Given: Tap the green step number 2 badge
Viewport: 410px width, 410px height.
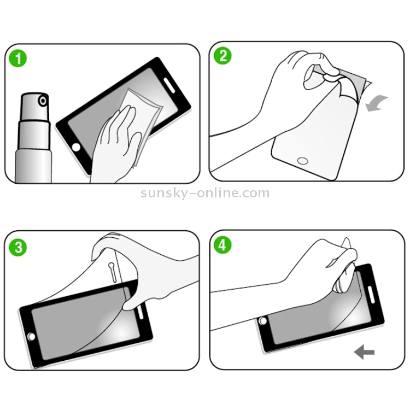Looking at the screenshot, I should (224, 56).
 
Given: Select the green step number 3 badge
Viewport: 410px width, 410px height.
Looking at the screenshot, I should (18, 247).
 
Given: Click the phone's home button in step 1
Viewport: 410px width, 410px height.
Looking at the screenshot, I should (76, 148).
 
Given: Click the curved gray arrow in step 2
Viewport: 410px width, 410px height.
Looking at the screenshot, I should (377, 103).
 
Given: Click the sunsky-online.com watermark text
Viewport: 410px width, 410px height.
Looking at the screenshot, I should (205, 193).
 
